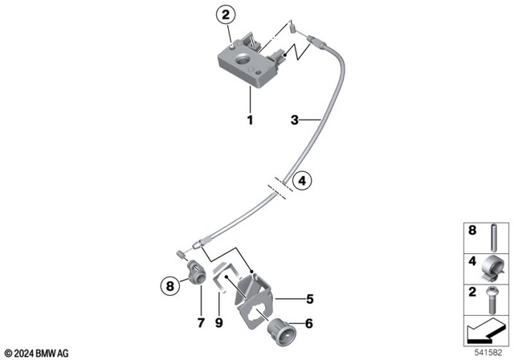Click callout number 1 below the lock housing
250,121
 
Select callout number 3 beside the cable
296,121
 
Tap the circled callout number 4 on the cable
301,182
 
